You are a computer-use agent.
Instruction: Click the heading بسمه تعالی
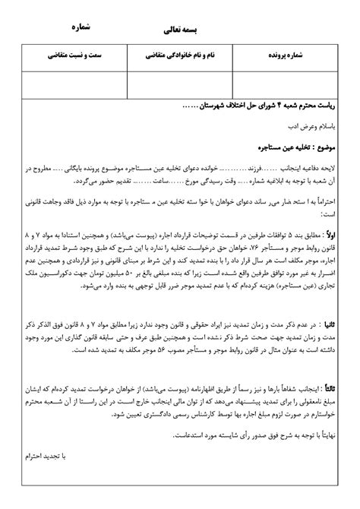[180, 33]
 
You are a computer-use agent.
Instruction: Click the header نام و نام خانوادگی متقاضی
[180, 56]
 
